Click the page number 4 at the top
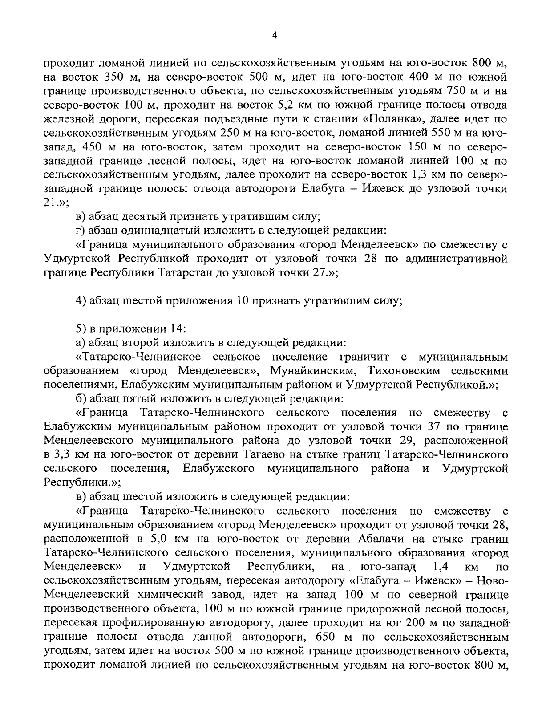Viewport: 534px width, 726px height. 275,36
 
